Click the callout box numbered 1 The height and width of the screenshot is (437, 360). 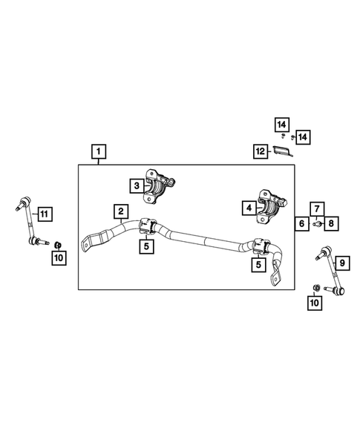click(98, 152)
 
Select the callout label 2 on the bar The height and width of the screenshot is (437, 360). click(120, 211)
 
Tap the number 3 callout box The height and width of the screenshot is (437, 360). click(137, 186)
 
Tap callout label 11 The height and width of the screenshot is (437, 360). click(44, 214)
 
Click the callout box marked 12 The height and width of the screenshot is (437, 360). click(259, 151)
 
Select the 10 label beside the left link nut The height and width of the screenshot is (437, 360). click(59, 257)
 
